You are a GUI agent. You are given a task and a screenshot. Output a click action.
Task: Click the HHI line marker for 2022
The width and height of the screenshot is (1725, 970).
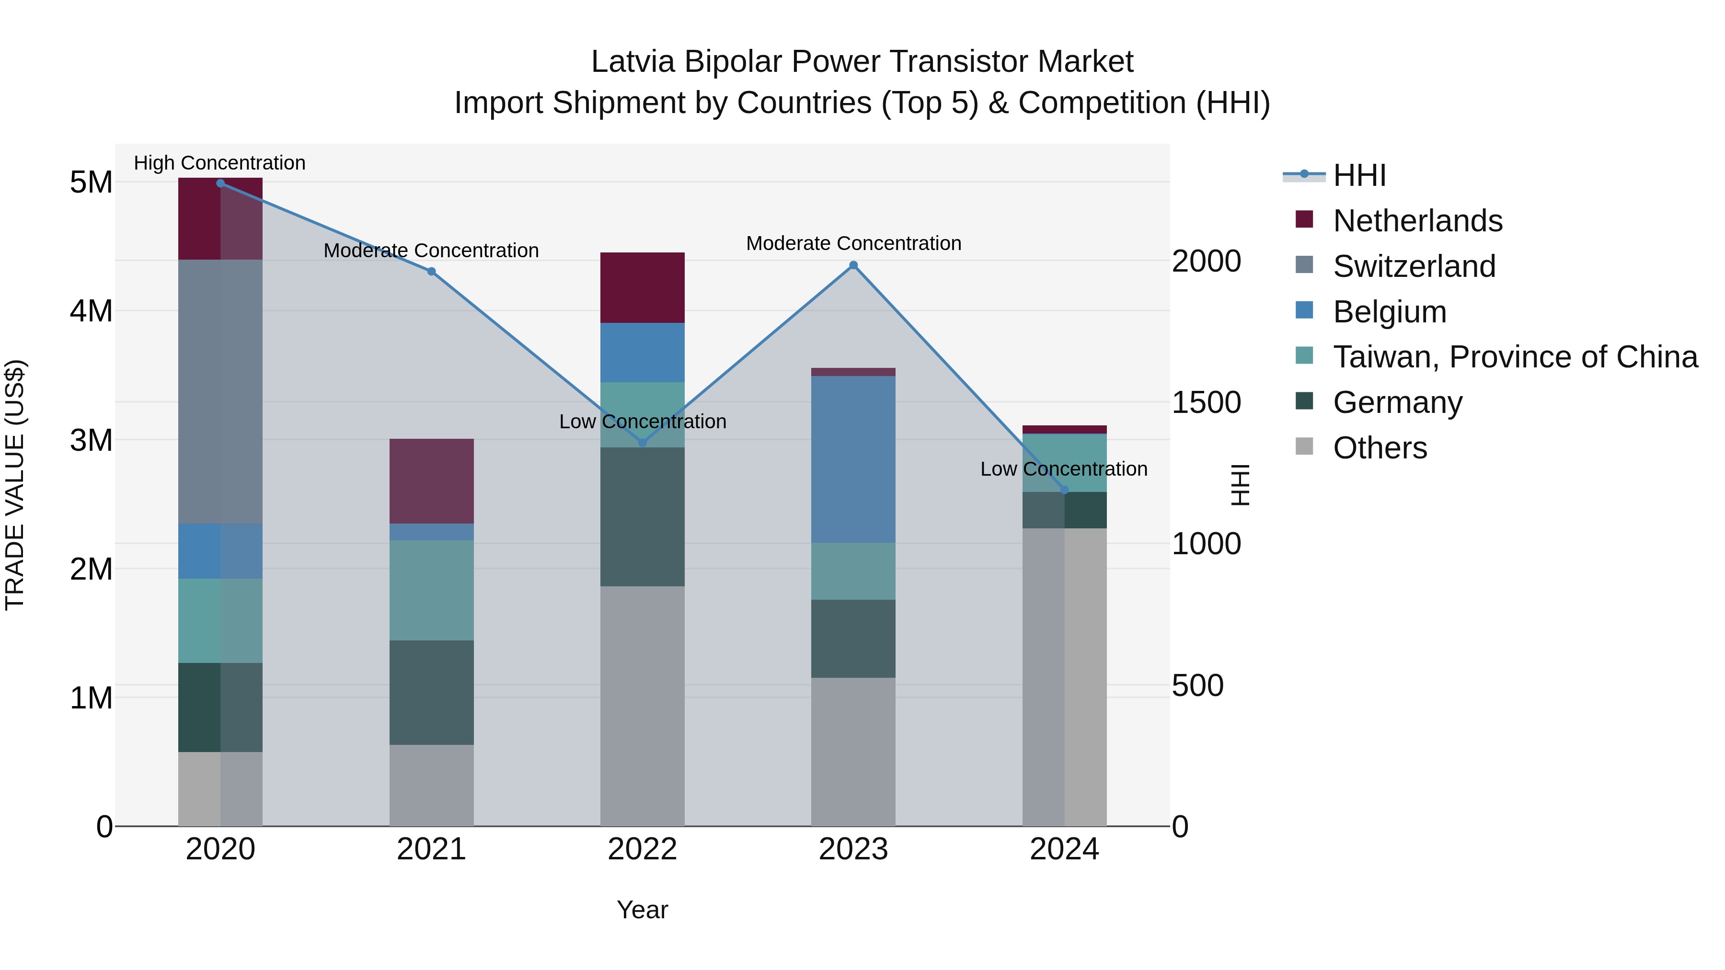[x=642, y=443]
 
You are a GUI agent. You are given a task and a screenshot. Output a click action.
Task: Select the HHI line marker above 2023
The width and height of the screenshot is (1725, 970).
[x=853, y=265]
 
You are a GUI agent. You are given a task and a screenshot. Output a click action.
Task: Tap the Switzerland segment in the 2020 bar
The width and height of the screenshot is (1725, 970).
[x=220, y=392]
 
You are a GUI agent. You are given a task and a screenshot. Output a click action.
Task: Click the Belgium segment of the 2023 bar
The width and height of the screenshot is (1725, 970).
[x=853, y=459]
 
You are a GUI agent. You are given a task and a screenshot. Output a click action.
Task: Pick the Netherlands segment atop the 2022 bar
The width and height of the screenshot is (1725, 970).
[x=642, y=288]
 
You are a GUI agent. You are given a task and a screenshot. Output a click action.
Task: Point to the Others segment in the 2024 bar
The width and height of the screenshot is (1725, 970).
[x=1064, y=676]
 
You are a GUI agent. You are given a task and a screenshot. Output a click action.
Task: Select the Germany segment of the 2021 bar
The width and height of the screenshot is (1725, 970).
[x=431, y=692]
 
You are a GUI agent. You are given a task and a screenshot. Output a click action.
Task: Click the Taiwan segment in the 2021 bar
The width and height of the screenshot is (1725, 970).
[x=431, y=591]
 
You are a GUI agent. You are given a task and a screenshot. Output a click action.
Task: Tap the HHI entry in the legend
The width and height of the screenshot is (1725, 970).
[x=1359, y=175]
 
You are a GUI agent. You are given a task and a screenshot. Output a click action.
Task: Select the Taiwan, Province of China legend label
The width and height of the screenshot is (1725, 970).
[x=1515, y=357]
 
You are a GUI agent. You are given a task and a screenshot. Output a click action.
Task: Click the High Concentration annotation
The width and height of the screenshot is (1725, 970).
[x=219, y=163]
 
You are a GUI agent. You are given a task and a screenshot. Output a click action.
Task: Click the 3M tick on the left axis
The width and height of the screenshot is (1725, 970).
[x=91, y=440]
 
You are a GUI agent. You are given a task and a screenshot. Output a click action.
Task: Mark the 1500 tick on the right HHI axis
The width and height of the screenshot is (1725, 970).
[x=1206, y=402]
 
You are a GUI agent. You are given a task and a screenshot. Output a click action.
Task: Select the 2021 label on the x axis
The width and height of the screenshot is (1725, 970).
[x=431, y=849]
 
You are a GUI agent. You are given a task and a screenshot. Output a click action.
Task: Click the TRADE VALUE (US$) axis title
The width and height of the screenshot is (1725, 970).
[x=15, y=485]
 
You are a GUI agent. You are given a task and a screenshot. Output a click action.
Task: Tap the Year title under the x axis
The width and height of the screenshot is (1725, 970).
[x=642, y=910]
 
